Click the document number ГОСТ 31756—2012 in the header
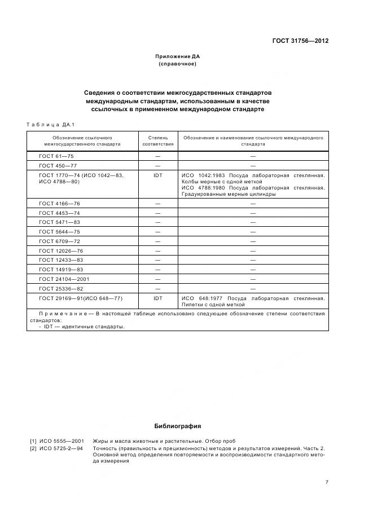(x=301, y=41)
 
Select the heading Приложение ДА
(x=177, y=56)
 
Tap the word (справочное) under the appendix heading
(x=177, y=64)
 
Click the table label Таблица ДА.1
(x=51, y=124)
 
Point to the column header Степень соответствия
(x=158, y=140)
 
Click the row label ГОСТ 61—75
(x=56, y=156)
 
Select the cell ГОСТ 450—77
(x=58, y=166)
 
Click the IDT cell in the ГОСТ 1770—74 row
(x=158, y=175)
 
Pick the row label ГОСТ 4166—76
(x=59, y=203)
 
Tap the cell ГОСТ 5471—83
(x=59, y=222)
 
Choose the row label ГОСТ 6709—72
(x=59, y=241)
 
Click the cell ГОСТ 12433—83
(x=61, y=260)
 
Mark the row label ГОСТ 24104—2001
(x=64, y=279)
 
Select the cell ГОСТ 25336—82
(x=61, y=288)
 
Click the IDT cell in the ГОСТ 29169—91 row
(x=158, y=298)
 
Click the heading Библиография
(x=177, y=426)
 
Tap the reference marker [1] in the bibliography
(x=33, y=441)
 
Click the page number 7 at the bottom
(x=327, y=482)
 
